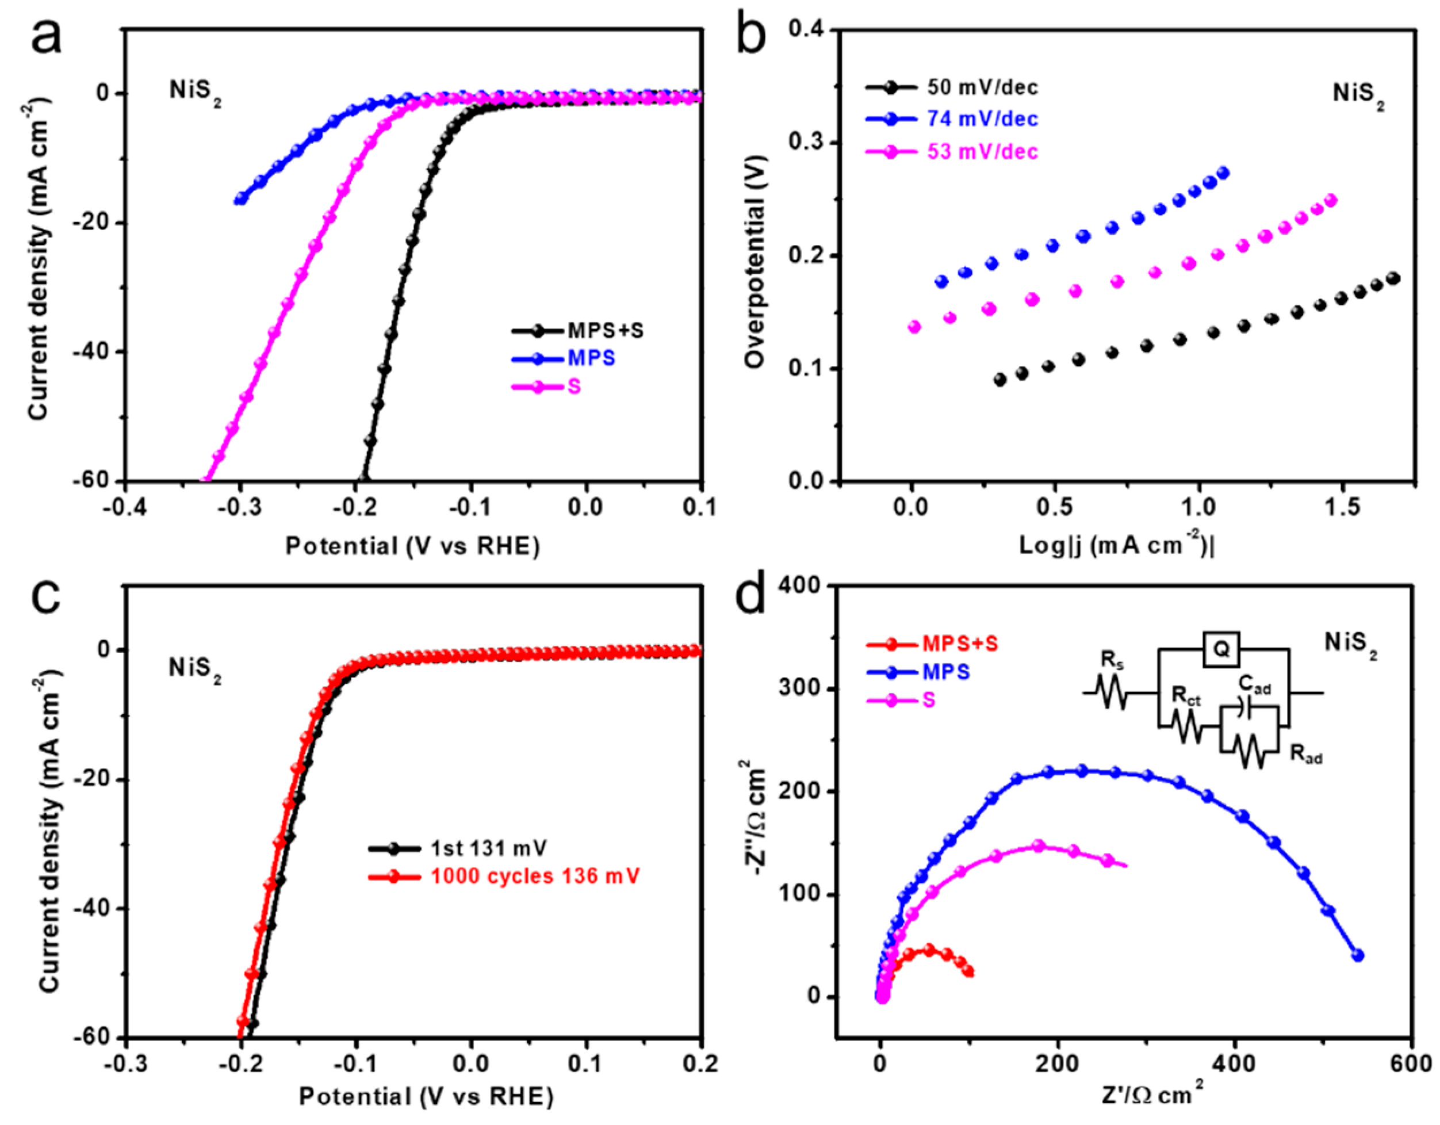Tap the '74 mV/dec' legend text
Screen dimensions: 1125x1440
click(x=982, y=120)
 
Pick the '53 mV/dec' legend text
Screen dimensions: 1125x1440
click(x=982, y=152)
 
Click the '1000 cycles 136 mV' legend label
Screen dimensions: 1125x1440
click(x=535, y=877)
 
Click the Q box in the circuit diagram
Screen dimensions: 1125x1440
click(x=1221, y=649)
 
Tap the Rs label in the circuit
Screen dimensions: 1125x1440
click(x=1112, y=660)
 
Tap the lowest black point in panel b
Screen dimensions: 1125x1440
click(x=999, y=380)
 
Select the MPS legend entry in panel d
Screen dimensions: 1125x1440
click(x=945, y=672)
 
